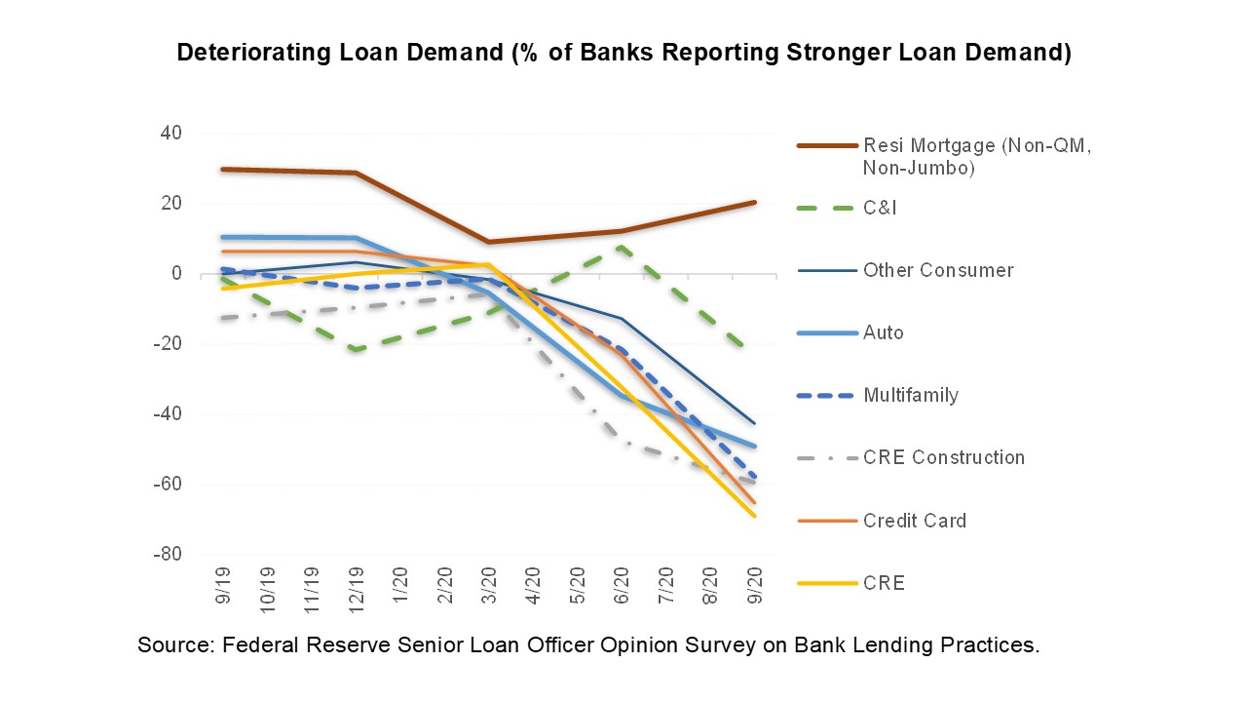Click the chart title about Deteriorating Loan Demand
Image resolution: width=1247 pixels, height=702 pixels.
pos(623,54)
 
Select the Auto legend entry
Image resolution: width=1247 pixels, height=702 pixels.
pos(884,332)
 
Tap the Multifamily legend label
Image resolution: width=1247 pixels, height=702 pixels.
pos(911,395)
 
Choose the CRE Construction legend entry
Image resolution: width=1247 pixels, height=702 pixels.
pos(943,457)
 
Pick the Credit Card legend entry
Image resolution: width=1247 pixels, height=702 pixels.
pos(915,521)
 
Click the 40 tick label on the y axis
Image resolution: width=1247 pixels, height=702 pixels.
pos(171,134)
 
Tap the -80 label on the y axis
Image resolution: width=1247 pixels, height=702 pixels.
pos(169,555)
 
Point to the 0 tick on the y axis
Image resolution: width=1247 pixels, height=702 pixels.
pos(176,274)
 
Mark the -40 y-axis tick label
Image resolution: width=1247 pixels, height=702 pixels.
pos(169,414)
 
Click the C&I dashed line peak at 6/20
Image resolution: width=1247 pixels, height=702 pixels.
pos(622,248)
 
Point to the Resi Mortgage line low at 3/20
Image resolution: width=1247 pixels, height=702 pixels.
pos(489,242)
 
